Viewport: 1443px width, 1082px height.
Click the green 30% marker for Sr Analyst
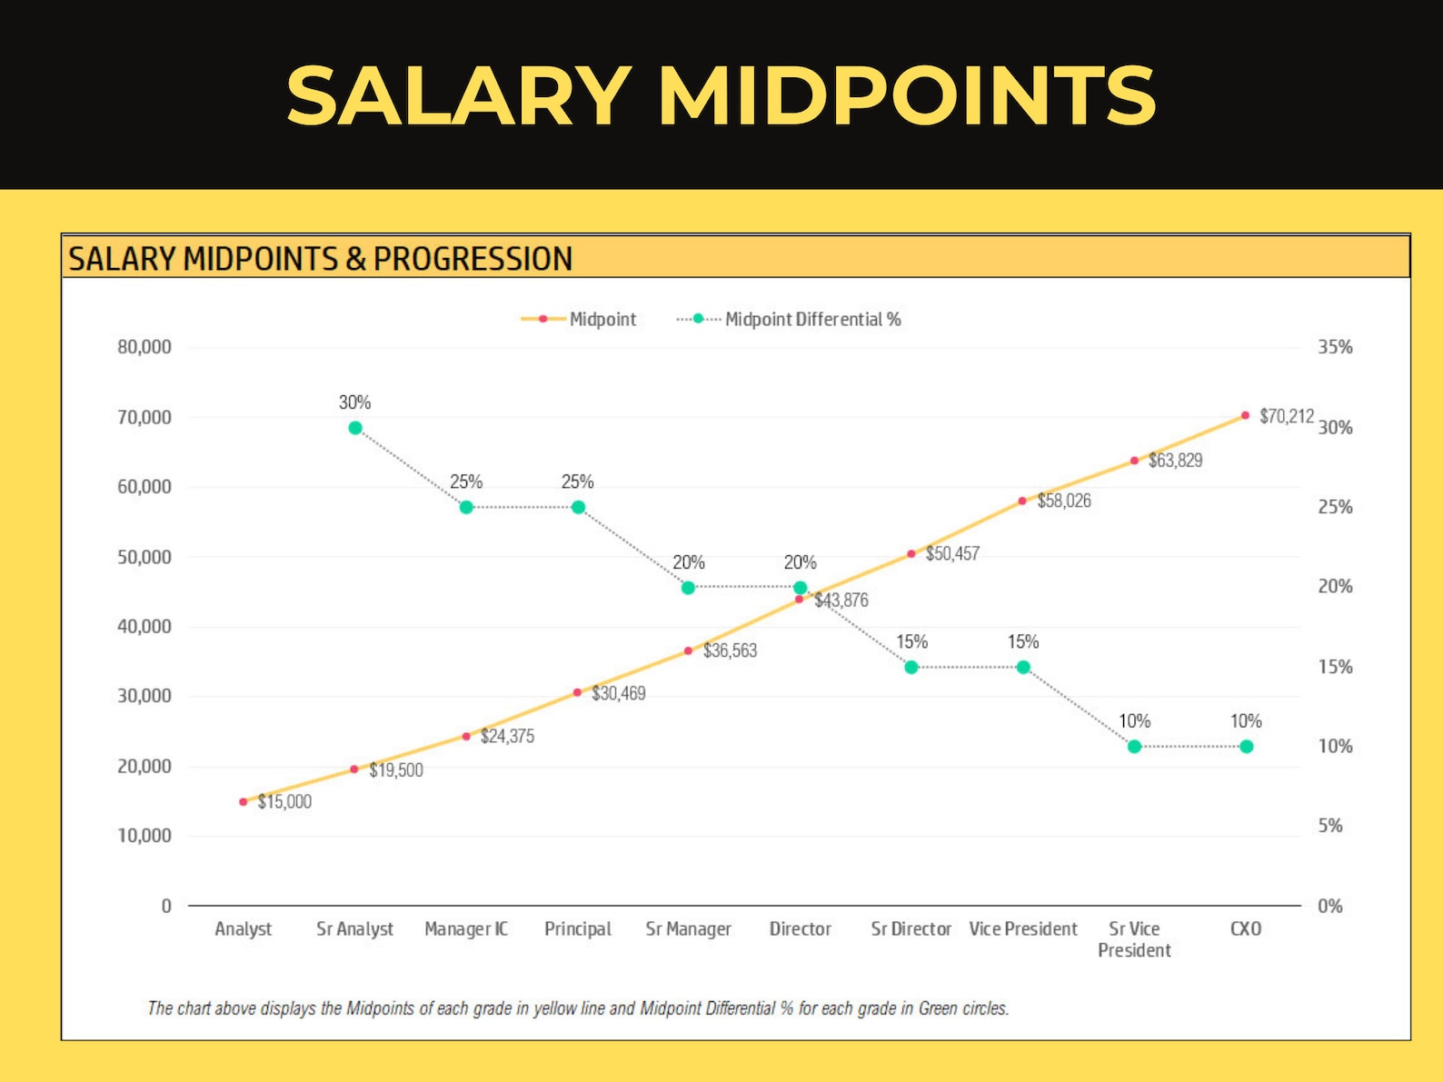[355, 428]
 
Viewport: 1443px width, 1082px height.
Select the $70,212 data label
[1286, 416]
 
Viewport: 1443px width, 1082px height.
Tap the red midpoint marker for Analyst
[243, 802]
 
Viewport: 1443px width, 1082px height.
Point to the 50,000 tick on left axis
[144, 557]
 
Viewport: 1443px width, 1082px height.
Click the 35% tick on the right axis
[1335, 347]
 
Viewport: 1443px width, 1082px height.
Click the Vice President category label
[1022, 928]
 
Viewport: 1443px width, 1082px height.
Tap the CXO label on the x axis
[1245, 928]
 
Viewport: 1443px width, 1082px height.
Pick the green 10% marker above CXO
[1246, 747]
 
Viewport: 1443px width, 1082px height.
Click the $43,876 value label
[841, 601]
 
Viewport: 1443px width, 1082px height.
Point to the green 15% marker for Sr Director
[911, 668]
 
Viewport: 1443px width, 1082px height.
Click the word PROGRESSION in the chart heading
[473, 259]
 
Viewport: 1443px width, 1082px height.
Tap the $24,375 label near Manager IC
[507, 736]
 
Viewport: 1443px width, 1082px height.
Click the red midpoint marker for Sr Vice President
[1134, 461]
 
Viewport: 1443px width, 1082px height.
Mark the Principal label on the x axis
[577, 928]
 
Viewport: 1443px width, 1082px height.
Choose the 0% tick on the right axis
[1329, 906]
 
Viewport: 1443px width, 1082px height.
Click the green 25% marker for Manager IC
[466, 508]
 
